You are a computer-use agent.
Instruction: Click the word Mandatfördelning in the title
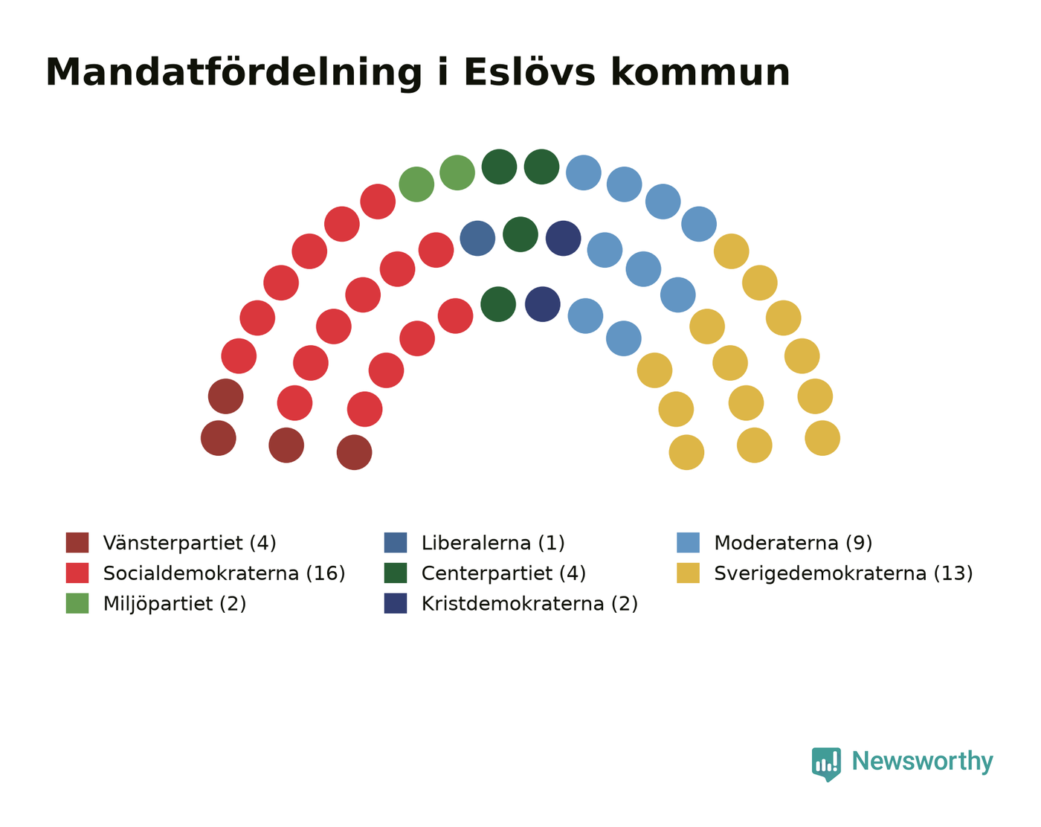point(233,74)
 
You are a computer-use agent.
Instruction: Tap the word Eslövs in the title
point(529,73)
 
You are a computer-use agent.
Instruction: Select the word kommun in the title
point(700,73)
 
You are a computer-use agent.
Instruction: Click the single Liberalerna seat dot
point(477,238)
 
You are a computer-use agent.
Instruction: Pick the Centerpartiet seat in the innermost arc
point(498,304)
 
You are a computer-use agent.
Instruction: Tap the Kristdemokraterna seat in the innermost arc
point(543,304)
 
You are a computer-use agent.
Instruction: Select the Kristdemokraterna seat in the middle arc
point(564,238)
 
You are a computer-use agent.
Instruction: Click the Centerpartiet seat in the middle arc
point(520,234)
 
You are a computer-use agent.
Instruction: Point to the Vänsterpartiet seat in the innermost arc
point(355,452)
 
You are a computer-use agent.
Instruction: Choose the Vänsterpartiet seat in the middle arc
point(286,445)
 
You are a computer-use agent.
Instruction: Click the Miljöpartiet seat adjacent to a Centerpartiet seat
point(457,173)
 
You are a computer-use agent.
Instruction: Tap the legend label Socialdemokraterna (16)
point(224,573)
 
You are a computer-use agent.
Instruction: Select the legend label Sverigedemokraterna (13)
point(843,573)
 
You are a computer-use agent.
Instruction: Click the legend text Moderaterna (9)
point(793,543)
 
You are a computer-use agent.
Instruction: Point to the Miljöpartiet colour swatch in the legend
point(77,603)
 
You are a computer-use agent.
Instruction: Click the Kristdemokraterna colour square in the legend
point(396,603)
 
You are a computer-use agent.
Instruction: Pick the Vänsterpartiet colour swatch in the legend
point(77,542)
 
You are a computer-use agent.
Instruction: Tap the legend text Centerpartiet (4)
point(503,573)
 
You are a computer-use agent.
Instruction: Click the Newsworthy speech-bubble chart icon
point(826,764)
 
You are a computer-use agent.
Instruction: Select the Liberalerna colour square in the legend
point(396,542)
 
